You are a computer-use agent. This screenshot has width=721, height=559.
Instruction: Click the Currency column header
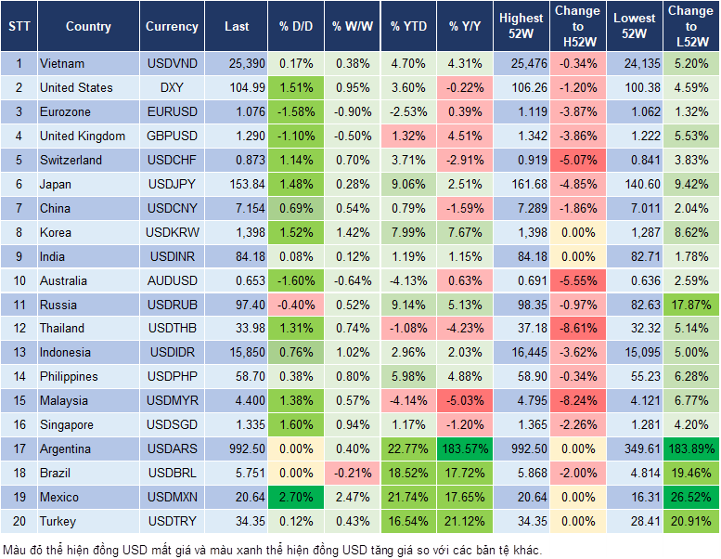pyautogui.click(x=172, y=27)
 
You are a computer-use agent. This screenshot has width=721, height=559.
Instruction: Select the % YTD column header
pyautogui.click(x=408, y=27)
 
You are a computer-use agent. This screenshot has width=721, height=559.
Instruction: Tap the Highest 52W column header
pyautogui.click(x=521, y=27)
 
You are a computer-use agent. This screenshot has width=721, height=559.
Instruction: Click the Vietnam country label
pyautogui.click(x=62, y=64)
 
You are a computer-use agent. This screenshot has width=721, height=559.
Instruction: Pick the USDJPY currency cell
pyautogui.click(x=171, y=184)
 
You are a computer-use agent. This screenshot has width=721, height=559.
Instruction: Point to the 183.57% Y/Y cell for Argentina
pyautogui.click(x=465, y=449)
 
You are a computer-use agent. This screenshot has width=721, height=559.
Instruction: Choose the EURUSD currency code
pyautogui.click(x=172, y=112)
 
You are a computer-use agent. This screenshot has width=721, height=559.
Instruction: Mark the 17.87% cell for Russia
pyautogui.click(x=690, y=305)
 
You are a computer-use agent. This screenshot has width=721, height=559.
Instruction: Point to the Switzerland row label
pyautogui.click(x=71, y=161)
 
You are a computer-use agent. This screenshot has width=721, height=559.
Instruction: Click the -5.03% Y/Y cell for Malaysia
pyautogui.click(x=465, y=401)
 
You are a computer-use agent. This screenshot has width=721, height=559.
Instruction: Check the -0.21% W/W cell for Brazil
pyautogui.click(x=350, y=474)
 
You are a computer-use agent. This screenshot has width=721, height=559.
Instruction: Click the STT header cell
pyautogui.click(x=19, y=27)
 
